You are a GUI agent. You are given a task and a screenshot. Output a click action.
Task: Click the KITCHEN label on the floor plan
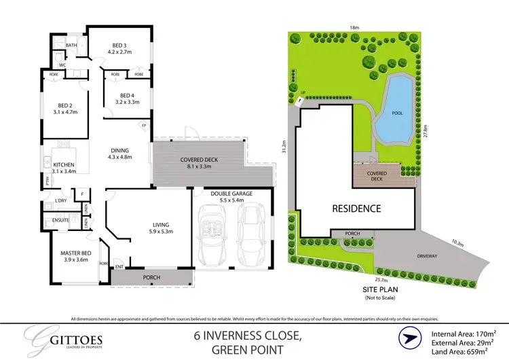[64, 165]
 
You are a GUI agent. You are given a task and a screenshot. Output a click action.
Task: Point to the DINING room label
[119, 151]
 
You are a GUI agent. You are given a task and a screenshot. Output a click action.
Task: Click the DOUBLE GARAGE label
[231, 194]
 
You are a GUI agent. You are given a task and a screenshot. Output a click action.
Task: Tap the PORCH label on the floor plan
[151, 278]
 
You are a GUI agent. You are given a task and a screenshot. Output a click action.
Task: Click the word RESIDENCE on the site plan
[356, 209]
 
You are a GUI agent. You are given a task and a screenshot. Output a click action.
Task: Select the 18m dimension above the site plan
[354, 27]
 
